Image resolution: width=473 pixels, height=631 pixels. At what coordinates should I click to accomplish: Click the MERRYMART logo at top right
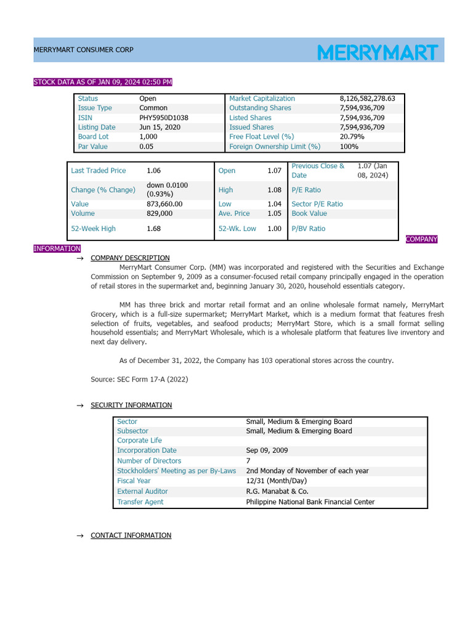(378, 52)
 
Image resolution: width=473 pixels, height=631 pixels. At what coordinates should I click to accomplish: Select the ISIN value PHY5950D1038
(164, 118)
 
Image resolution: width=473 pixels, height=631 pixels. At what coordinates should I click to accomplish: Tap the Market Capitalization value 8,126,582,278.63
(367, 99)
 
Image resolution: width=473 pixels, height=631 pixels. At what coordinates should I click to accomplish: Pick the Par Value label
(93, 147)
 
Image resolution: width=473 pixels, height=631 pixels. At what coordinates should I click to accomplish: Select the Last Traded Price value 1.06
(153, 171)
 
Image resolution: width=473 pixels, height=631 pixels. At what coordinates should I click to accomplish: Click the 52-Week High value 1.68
(153, 229)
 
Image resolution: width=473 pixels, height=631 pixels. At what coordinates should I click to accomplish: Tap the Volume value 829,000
(160, 213)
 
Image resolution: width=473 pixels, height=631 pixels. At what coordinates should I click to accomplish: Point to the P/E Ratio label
(306, 190)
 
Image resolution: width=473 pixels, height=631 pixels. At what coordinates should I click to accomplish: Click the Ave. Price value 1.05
(274, 213)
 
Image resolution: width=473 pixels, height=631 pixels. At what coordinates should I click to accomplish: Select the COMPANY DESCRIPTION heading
(130, 258)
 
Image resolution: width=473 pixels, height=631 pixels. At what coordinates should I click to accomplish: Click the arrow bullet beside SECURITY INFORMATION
(79, 405)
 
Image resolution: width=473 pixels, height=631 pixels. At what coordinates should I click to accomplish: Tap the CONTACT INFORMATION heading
(131, 535)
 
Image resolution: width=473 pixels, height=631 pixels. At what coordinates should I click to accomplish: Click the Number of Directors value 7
(248, 461)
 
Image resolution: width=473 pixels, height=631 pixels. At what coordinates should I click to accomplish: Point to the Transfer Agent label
(140, 502)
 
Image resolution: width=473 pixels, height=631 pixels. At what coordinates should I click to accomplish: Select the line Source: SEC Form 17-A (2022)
(139, 380)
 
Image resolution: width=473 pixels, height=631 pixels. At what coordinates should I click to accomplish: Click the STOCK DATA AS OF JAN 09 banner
(103, 82)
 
